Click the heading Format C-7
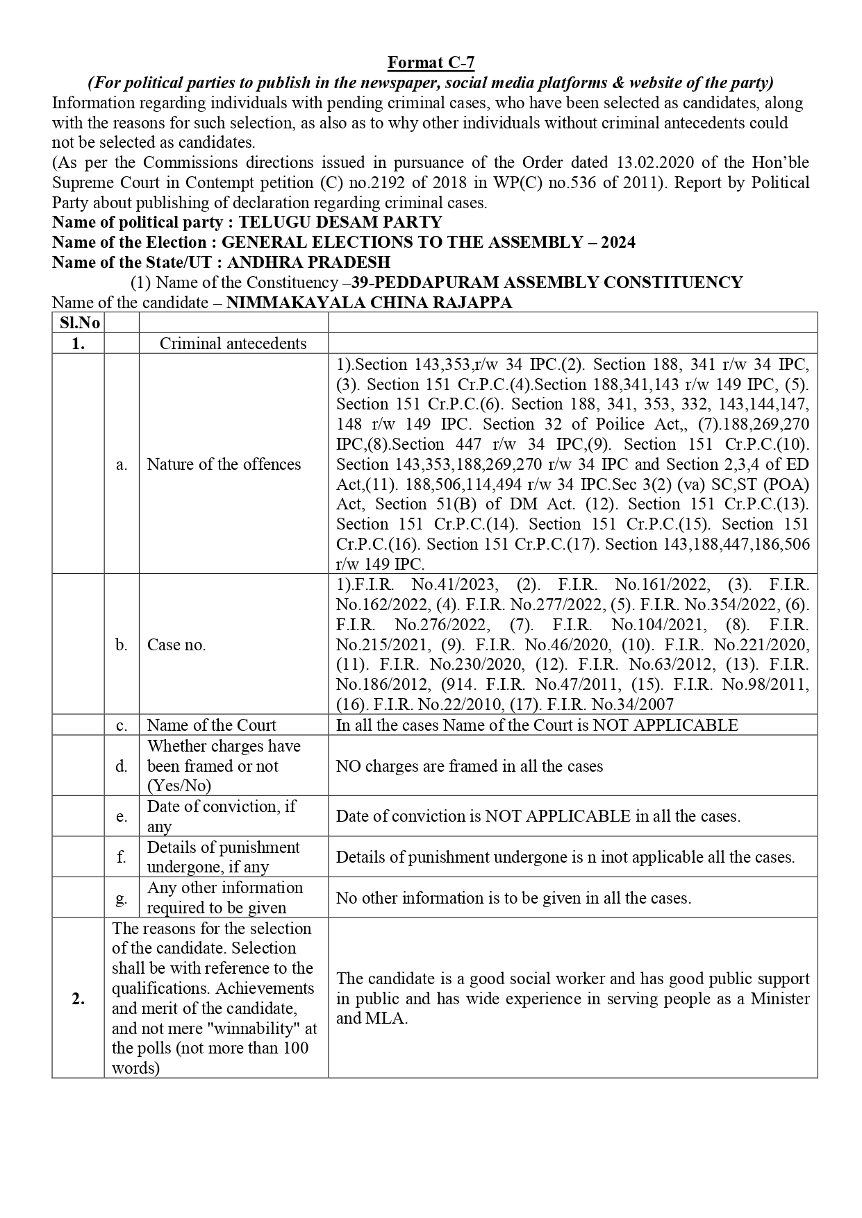point(431,62)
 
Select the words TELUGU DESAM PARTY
point(340,222)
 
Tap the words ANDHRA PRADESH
point(308,262)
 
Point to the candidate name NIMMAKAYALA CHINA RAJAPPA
point(370,303)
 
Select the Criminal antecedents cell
point(233,344)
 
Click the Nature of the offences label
point(224,464)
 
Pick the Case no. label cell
point(176,645)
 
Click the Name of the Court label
point(211,725)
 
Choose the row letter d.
point(122,766)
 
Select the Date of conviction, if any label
point(221,816)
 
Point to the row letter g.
point(122,898)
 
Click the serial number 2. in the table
point(78,999)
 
